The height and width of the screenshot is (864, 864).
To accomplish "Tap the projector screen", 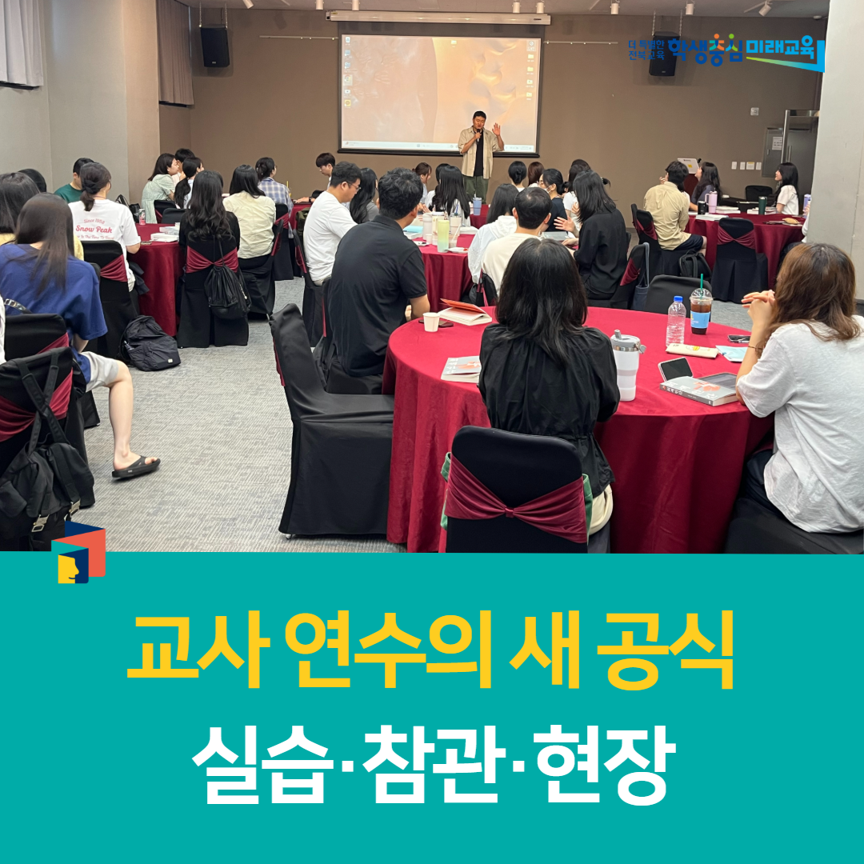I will (x=440, y=92).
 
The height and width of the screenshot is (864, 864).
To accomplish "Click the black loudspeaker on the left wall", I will (x=214, y=46).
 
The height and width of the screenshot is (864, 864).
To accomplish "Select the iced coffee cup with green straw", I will (x=701, y=309).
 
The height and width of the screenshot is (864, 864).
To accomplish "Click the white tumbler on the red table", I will (x=626, y=364).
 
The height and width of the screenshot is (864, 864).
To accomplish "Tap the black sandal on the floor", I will (x=135, y=466).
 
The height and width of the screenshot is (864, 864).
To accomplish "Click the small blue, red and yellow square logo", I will (x=78, y=552).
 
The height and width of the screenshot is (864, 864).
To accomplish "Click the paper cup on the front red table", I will (x=431, y=322).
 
